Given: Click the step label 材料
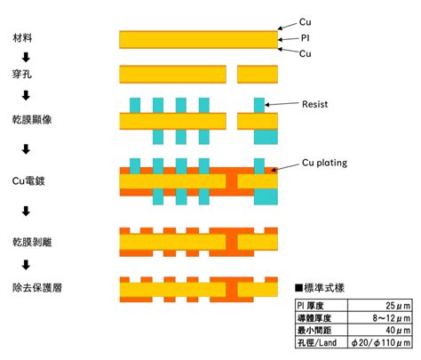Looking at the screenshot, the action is tap(22, 38).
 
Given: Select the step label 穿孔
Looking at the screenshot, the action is tap(22, 74).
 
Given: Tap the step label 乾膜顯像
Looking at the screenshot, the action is tap(32, 119).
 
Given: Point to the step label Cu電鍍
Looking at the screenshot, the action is tap(28, 180).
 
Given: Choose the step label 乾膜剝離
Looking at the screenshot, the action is tap(32, 242).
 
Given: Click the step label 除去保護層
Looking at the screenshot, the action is tap(37, 288).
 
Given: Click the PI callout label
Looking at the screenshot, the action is tap(306, 38).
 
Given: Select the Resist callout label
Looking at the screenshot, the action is tap(315, 104).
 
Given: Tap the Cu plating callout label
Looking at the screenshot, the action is tap(324, 163).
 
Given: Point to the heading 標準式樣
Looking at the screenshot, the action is tap(320, 288).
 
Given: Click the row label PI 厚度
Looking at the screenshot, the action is tap(311, 306).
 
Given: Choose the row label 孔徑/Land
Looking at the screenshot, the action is tap(317, 342).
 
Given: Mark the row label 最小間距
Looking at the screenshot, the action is tap(314, 330).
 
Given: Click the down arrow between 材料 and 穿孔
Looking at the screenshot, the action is tap(26, 57).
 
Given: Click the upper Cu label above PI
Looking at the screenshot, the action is tap(306, 22).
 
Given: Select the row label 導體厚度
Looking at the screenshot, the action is tap(314, 318).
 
